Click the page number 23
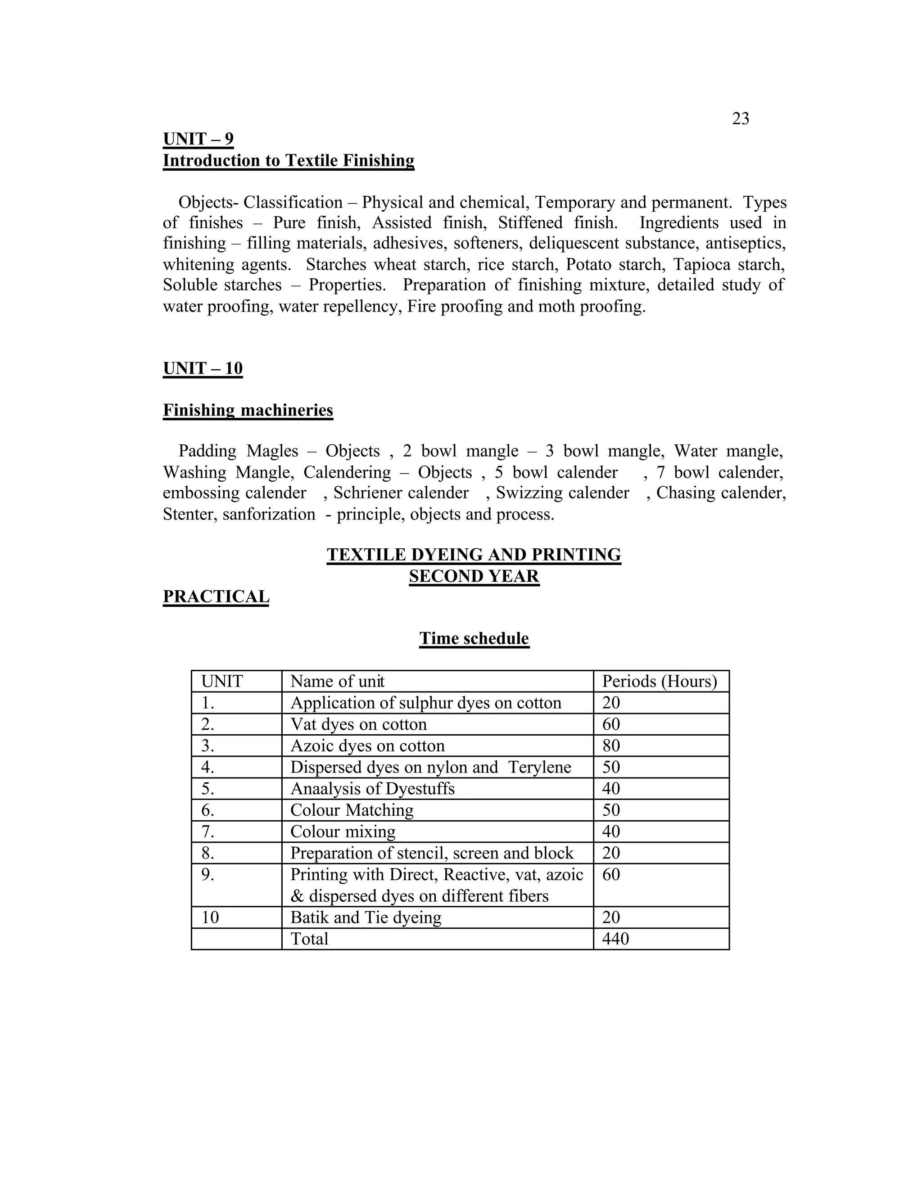click(x=740, y=118)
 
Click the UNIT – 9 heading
click(x=198, y=139)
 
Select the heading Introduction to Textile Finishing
click(x=289, y=161)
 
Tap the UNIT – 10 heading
click(x=203, y=368)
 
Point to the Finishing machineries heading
click(x=248, y=410)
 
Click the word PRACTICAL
click(x=216, y=596)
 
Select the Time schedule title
click(x=474, y=638)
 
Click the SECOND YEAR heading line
click(x=474, y=576)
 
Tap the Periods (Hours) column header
click(x=659, y=681)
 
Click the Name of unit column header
click(x=337, y=681)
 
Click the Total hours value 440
click(x=615, y=939)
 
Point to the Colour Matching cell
click(x=352, y=810)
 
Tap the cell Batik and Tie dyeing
click(x=366, y=917)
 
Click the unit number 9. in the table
click(x=208, y=875)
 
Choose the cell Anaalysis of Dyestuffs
click(x=372, y=789)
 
